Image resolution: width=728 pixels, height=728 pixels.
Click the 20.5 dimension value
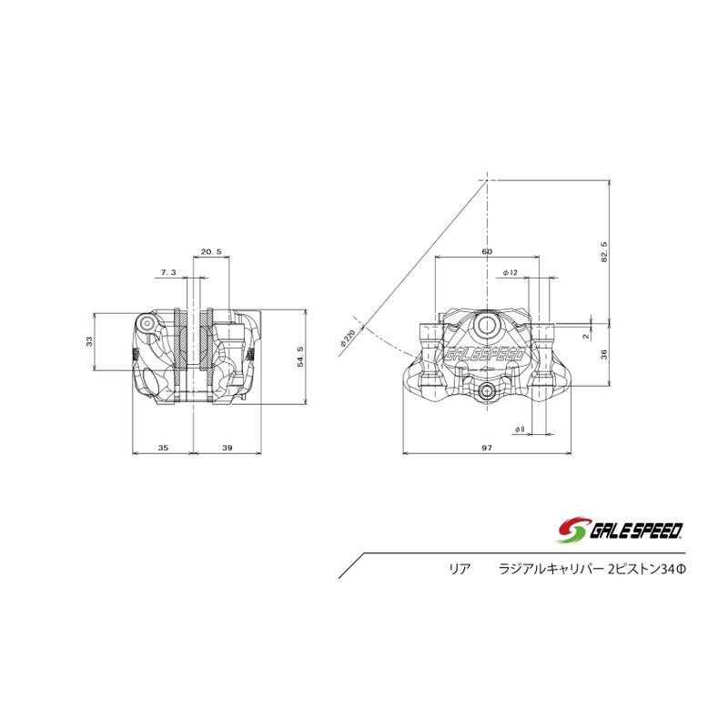(x=211, y=251)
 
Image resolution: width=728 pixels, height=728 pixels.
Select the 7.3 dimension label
(x=168, y=272)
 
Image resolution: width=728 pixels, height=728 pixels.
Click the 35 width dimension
(x=163, y=448)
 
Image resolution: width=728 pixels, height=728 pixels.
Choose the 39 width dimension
(x=227, y=448)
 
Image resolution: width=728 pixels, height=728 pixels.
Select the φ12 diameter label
(x=510, y=272)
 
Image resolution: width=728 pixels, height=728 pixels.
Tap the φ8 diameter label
(x=519, y=428)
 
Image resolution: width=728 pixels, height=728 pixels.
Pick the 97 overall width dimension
(x=487, y=448)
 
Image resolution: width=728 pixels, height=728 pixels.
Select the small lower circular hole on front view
(x=488, y=391)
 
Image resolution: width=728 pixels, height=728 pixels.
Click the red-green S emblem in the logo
(x=571, y=528)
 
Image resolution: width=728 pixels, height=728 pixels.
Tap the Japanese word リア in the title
(x=459, y=568)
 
